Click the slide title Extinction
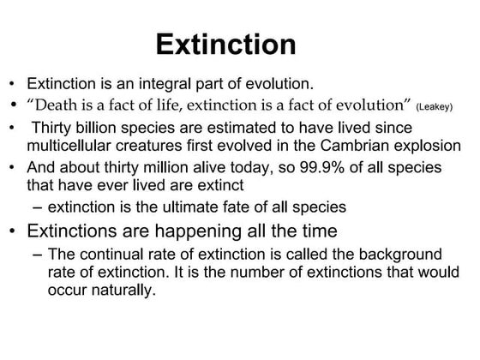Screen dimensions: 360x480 click(x=227, y=45)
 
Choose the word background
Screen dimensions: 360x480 click(x=385, y=255)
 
